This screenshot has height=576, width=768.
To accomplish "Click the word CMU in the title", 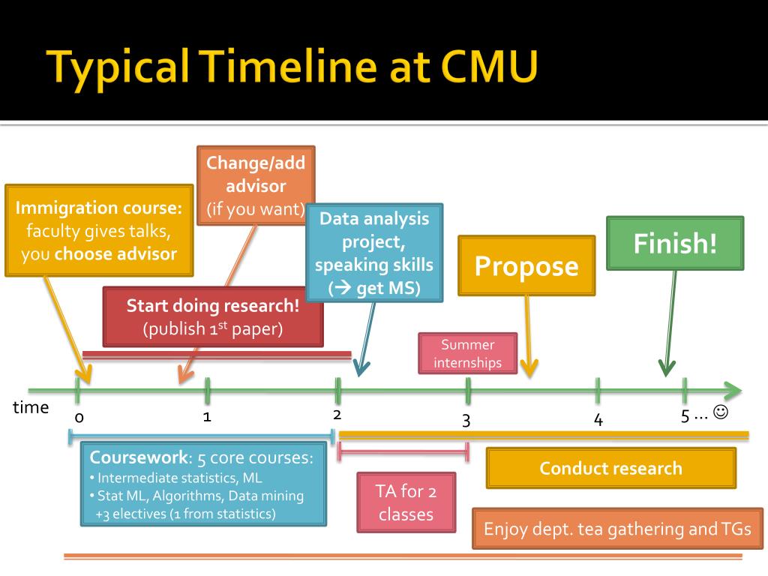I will [x=490, y=67].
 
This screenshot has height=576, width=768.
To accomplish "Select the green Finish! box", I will [x=674, y=243].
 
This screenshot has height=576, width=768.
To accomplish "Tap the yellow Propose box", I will [x=526, y=265].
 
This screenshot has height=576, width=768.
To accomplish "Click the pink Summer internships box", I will [x=468, y=353].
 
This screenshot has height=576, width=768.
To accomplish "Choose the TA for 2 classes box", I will [x=405, y=502].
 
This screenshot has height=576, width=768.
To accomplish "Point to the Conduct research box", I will [x=610, y=468].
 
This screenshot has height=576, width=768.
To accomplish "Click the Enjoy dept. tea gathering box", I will [x=617, y=529].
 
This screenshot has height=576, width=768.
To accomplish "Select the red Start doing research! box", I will [x=213, y=316].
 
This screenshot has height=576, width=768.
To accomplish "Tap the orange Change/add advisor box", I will [x=256, y=185].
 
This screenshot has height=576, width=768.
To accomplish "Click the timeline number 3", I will [x=466, y=420].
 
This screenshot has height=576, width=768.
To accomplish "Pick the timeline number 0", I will [x=79, y=418].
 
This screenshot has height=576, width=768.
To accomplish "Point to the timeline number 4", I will [x=598, y=420].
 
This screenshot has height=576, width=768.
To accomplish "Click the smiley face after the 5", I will [x=721, y=412].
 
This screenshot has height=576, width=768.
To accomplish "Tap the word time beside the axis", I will [x=31, y=407].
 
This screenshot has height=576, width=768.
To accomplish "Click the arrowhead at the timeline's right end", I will [x=733, y=390].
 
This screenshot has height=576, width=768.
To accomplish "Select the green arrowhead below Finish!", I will [x=666, y=367].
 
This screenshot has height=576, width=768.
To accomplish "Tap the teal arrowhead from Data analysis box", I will [x=361, y=367].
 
